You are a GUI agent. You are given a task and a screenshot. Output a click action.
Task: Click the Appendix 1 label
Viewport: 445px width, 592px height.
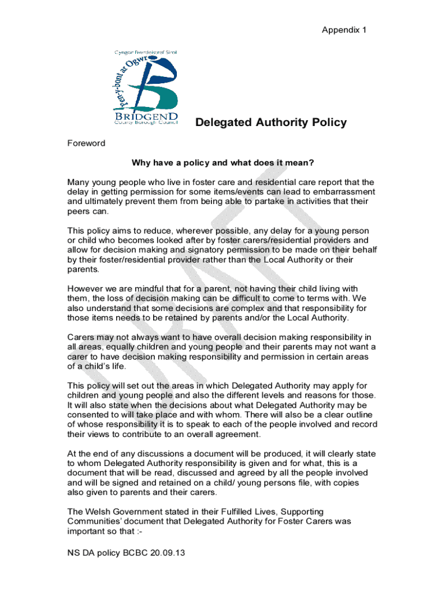click(x=344, y=29)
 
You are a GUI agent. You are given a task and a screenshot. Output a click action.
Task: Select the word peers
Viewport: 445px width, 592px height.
click(x=79, y=212)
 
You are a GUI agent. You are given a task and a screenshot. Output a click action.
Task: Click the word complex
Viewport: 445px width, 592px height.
click(x=236, y=309)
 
